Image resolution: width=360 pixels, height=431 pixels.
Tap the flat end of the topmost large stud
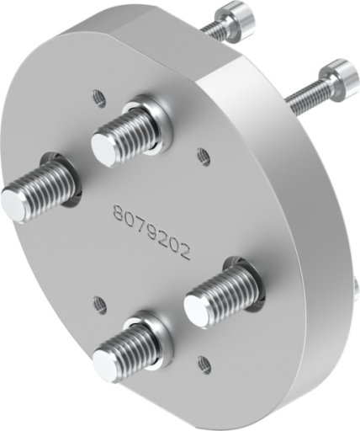102,150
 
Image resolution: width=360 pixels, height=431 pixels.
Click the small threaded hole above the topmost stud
99,98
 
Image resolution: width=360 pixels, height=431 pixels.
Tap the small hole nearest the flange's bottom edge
204,364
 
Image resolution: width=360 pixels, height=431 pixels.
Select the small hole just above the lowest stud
99,305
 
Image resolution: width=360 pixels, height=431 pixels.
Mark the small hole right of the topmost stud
204,157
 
